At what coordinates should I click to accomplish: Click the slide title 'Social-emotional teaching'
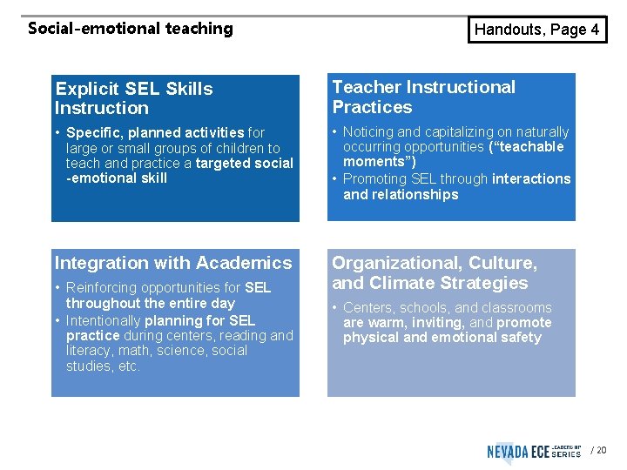point(131,28)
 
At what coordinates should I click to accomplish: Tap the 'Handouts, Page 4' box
point(536,30)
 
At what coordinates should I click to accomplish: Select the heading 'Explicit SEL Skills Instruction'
point(133,98)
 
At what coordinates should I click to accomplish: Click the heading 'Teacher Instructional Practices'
point(423,97)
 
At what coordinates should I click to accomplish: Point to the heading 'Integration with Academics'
point(173,263)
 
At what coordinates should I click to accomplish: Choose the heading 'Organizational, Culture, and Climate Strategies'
point(435,272)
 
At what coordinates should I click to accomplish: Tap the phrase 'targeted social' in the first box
point(245,164)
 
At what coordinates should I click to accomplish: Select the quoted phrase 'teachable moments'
point(454,154)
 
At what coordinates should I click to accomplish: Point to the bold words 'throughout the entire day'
point(150,303)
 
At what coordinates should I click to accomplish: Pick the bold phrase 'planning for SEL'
point(199,320)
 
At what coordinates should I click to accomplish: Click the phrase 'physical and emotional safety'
point(442,338)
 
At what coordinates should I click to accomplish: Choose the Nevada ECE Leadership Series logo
point(534,451)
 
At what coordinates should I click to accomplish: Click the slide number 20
point(602,451)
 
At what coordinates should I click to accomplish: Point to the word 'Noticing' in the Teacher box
point(369,132)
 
